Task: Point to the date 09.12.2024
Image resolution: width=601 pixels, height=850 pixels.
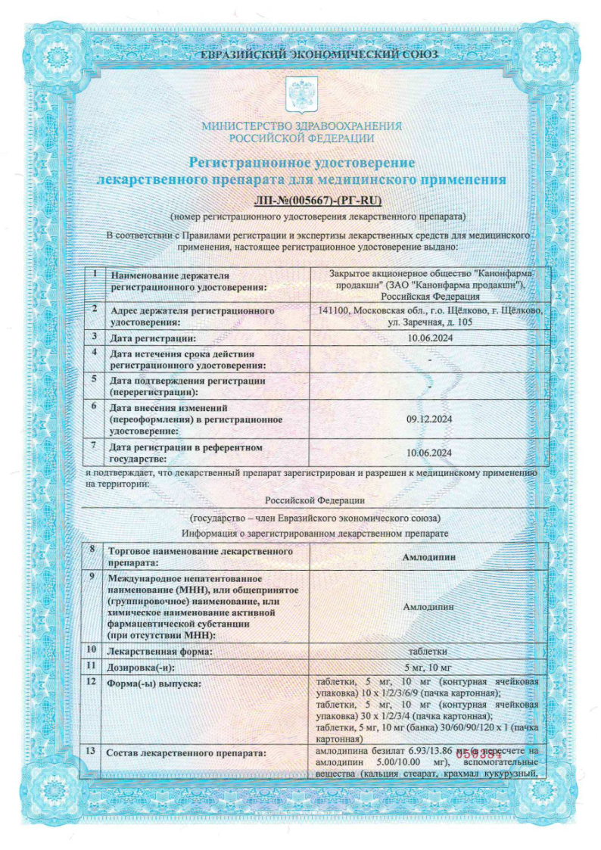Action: click(428, 416)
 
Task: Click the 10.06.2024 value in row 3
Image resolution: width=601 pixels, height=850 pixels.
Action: click(428, 338)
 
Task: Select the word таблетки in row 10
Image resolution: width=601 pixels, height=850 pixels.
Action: click(428, 650)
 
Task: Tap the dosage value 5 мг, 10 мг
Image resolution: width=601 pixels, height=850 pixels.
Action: click(428, 667)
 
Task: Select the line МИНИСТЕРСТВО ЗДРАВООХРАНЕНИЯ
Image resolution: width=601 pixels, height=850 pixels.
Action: click(301, 126)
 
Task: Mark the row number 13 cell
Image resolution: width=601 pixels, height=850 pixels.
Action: click(92, 751)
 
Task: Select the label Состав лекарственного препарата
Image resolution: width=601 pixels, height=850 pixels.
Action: click(186, 754)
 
